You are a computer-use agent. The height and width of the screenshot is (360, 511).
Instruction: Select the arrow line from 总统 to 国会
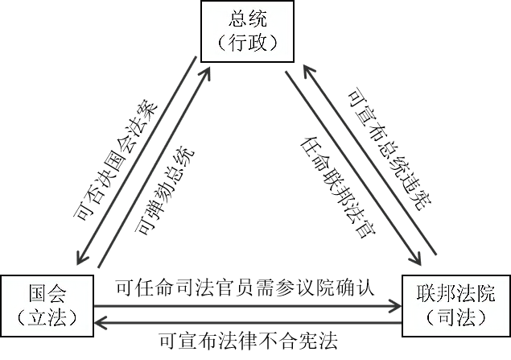137,161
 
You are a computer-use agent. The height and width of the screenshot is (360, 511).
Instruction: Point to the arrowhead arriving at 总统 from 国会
208,70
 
